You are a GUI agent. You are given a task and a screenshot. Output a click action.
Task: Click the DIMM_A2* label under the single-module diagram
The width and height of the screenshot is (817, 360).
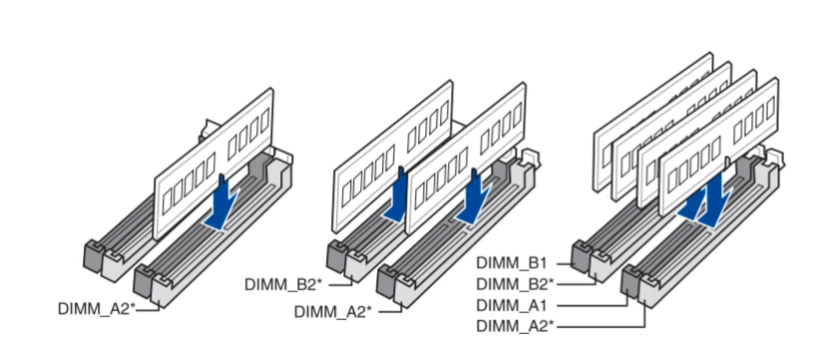tap(95, 308)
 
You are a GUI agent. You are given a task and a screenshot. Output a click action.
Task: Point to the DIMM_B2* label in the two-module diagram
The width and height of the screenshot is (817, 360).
tap(284, 284)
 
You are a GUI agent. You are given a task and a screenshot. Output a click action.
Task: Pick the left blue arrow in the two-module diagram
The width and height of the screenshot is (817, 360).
tap(398, 195)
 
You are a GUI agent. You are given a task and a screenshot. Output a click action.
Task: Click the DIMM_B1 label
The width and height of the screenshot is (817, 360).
tap(511, 263)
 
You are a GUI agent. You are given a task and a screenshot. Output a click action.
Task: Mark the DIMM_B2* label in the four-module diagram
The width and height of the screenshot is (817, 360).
tap(515, 284)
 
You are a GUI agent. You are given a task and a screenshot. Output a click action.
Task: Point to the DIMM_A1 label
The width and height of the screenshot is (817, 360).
tap(511, 305)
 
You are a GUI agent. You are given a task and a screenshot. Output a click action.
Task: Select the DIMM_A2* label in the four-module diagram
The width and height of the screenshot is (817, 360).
tap(515, 326)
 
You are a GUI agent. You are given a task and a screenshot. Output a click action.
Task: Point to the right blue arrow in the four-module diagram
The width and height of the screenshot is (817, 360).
tap(715, 205)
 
